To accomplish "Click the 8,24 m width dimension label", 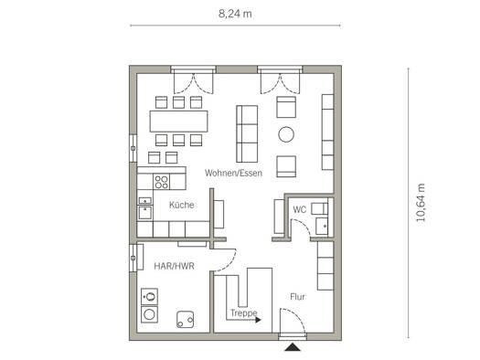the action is coord(235,14).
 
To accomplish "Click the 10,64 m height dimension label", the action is coord(421,203).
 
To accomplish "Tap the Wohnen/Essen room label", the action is coord(233,173).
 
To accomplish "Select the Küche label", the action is coord(182,205).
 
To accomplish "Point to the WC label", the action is coord(299,210).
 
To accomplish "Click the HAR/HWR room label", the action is coord(174,266).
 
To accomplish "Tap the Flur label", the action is coord(297,297).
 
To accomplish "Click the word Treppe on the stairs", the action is coord(244,312).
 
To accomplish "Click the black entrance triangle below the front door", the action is coord(293,347).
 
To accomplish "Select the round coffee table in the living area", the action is coord(286,134).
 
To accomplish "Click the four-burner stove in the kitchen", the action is coord(161,182).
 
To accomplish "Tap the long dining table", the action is coord(179,122).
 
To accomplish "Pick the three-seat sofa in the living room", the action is coord(247,133).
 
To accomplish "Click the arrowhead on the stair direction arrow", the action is coord(258,320).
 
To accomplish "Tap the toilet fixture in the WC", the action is coord(319,208).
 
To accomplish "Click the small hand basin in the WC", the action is coord(322,227).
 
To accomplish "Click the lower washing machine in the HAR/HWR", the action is coord(149,314).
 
